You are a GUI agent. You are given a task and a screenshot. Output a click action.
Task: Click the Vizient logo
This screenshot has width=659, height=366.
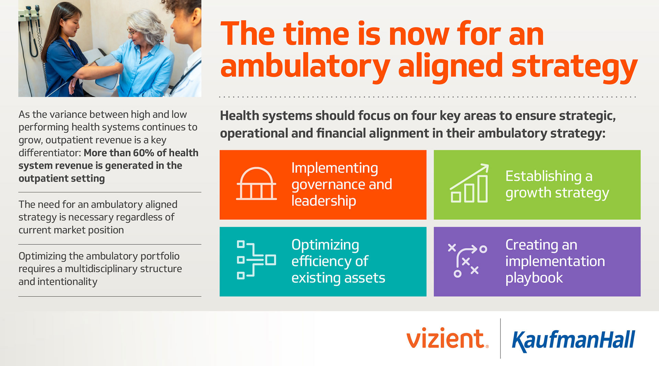point(447,339)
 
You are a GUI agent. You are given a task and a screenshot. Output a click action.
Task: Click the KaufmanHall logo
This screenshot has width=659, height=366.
point(573,340)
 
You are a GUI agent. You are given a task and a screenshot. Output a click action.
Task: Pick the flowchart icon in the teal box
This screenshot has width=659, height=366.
point(256,260)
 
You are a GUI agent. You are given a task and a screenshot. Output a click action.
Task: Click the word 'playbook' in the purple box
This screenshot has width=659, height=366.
point(534,278)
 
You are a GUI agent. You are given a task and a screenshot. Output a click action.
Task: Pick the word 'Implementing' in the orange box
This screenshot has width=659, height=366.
point(334,168)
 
